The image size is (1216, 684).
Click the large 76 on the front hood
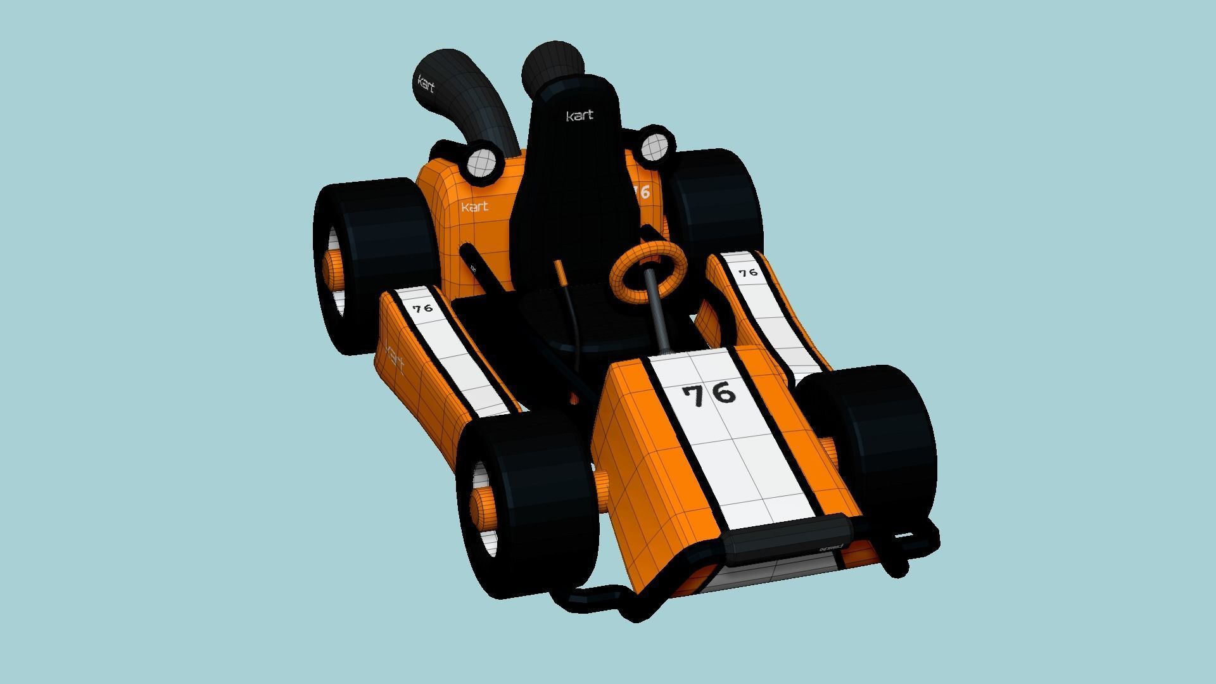[x=709, y=394]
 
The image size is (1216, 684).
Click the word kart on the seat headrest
[x=579, y=115]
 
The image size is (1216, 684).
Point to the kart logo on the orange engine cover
[x=474, y=206]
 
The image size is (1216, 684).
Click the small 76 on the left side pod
[x=422, y=308]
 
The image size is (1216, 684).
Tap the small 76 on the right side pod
[x=748, y=272]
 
